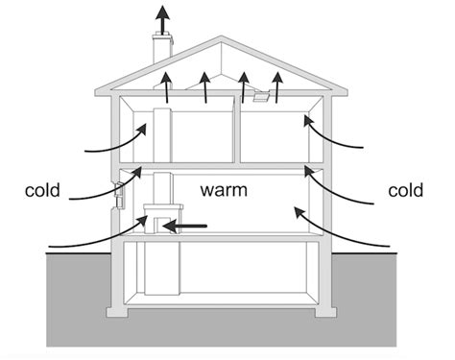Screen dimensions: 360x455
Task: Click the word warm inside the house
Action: tap(224, 191)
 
